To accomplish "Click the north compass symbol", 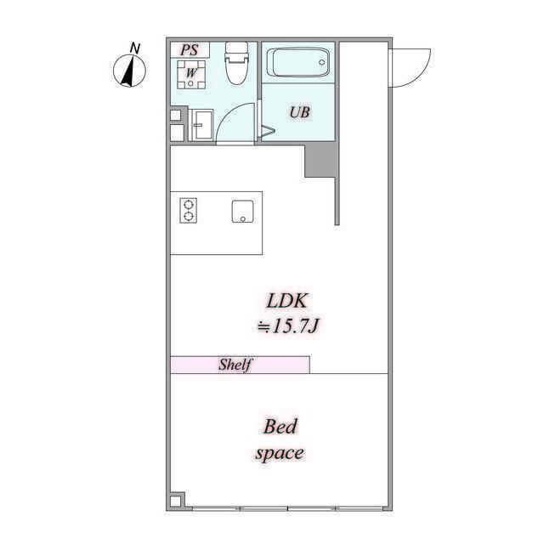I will pos(127,71).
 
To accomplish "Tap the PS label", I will pos(190,49).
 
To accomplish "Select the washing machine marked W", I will pos(191,75).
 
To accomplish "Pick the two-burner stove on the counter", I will pos(188,210).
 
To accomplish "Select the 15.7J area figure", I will pos(294,325).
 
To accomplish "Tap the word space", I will pos(279,453).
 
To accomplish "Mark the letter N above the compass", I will pos(133,47).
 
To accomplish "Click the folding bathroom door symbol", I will pos(267,132).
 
